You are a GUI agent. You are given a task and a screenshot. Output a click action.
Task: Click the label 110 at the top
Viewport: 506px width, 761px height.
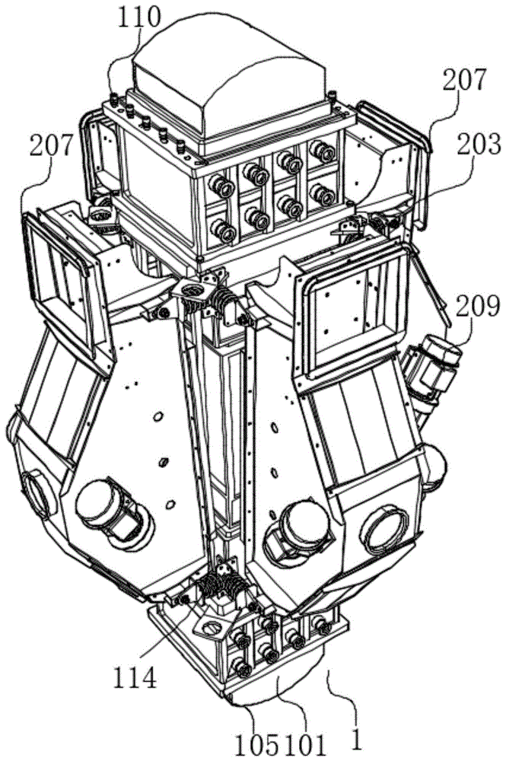139,17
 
